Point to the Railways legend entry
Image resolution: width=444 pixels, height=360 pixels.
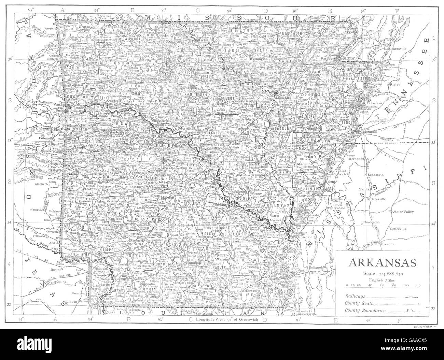click(x=355, y=296)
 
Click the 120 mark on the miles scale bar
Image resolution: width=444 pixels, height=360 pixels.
click(x=417, y=284)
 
